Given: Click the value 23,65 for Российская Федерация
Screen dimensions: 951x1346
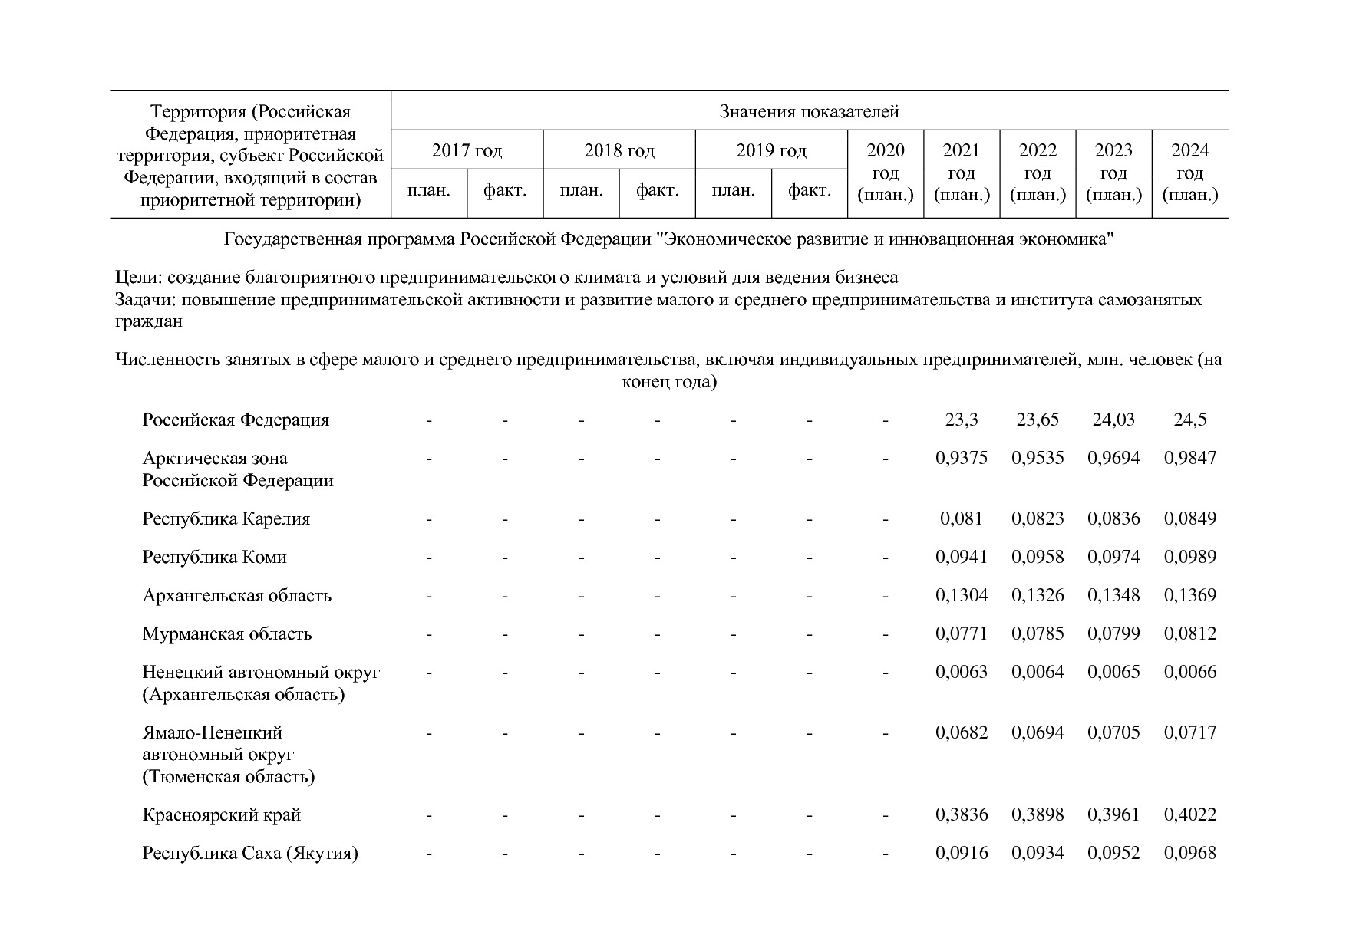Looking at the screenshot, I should pos(1038,420).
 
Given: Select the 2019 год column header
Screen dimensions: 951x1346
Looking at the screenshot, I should pos(770,150).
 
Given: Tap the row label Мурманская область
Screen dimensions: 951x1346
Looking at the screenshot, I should pos(227,633).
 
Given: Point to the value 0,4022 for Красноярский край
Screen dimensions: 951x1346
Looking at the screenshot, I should pos(1189,814).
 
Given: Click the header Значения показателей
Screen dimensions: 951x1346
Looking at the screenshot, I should pos(809,112).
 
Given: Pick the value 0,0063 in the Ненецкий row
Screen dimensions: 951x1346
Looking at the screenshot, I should pos(961,672).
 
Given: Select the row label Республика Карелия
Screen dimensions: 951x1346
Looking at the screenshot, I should pos(226,518).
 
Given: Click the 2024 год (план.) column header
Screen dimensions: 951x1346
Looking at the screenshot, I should pos(1189,172).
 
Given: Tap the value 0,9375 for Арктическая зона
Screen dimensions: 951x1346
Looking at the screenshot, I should pos(961,458).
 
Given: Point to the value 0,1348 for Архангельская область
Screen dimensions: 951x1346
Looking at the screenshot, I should pos(1113,595).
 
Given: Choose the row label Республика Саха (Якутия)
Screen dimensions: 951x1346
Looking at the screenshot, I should pos(250,853).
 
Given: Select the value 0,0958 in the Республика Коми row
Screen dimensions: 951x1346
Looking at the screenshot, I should pos(1038,557).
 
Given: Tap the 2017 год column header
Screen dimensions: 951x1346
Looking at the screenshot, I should pos(467,150).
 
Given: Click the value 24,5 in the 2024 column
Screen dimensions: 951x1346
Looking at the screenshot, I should pos(1189,420).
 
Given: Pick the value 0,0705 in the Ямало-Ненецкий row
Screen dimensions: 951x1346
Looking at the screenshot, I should pos(1113,732).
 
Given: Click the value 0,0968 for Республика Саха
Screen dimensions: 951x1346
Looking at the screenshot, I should pos(1189,853).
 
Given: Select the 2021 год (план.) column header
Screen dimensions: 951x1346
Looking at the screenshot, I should pos(961,172).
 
